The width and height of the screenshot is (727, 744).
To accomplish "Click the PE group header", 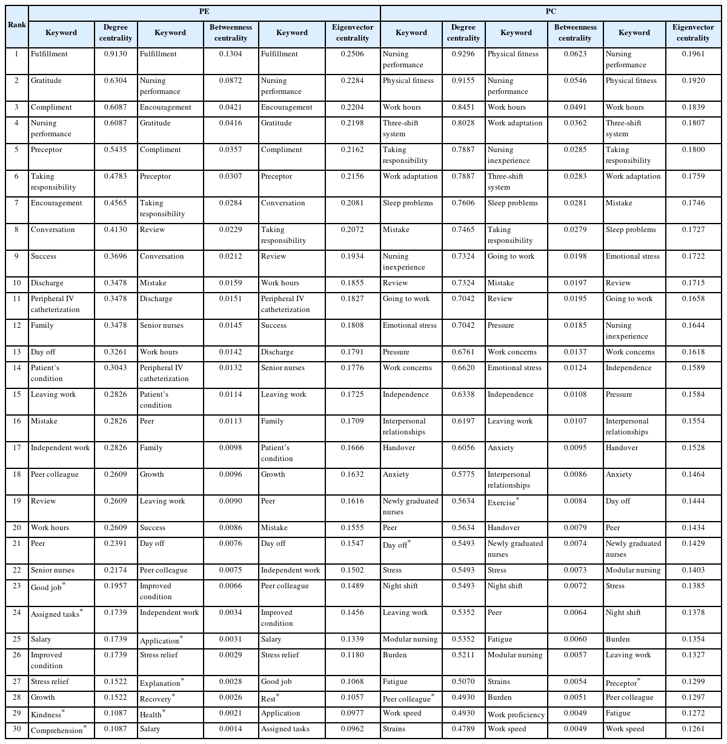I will [x=204, y=12].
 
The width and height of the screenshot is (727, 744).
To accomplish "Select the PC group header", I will [x=551, y=12].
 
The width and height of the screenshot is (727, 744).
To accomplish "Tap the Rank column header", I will [x=17, y=25].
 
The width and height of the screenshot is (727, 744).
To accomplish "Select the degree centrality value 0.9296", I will [x=463, y=54].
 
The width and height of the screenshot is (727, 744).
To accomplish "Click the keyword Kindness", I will [x=46, y=714].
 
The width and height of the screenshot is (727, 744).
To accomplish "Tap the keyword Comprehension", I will [x=56, y=729].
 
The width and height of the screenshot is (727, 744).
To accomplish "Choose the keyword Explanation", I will [x=160, y=683].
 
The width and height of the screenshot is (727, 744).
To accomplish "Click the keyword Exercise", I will [x=502, y=502].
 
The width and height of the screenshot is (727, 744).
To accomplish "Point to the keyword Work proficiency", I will [x=516, y=714].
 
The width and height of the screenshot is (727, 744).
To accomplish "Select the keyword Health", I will [x=151, y=714].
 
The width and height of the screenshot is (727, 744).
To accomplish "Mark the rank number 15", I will [x=17, y=394].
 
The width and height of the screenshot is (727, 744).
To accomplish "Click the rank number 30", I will [x=17, y=729].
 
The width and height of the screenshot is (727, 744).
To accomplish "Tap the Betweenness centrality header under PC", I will [x=574, y=33].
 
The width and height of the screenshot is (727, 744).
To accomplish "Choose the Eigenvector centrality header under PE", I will [x=352, y=33].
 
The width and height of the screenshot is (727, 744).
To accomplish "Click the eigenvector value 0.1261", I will [x=692, y=729].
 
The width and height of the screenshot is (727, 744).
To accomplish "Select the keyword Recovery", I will [x=156, y=699].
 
